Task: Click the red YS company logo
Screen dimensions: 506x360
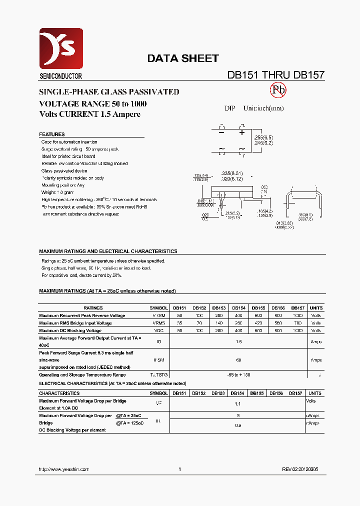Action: coord(61,49)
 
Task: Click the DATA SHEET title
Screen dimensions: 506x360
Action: coord(182,58)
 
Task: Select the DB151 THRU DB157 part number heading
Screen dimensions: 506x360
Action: coord(276,75)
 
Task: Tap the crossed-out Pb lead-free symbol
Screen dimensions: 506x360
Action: coord(278,90)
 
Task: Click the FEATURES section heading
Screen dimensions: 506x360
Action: coord(52,134)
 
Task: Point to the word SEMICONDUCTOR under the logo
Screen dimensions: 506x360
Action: coord(60,76)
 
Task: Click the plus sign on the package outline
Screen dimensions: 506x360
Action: coord(242,132)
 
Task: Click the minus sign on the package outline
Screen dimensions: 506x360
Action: coord(221,132)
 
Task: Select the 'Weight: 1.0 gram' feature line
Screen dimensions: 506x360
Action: coord(57,192)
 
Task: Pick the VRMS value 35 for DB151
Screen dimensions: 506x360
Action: coord(179,323)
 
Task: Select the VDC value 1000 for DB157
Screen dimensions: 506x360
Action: coord(298,331)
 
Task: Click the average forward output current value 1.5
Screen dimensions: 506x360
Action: coord(238,342)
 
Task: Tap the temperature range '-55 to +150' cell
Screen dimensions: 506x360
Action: coord(238,374)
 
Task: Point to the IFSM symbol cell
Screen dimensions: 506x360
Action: coord(158,360)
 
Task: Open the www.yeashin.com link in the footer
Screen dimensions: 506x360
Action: coord(64,469)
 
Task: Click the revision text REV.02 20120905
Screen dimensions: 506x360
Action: coord(299,469)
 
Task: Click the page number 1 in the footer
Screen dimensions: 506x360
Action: coord(179,469)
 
